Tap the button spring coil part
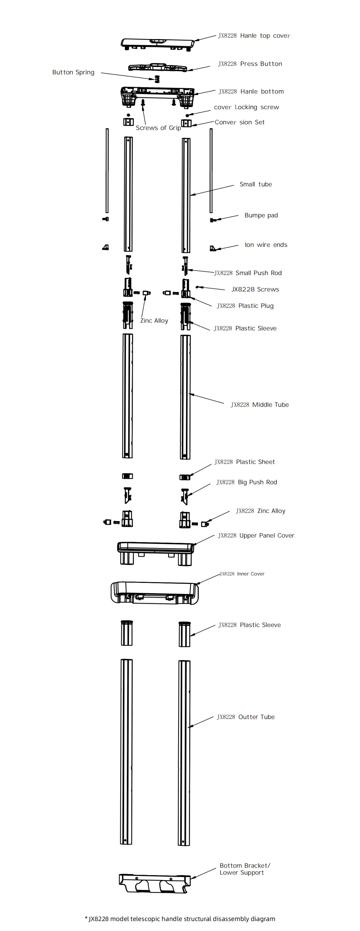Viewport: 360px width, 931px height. tap(157, 79)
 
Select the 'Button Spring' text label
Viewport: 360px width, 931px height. tap(73, 72)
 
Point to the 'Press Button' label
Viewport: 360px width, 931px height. tap(250, 64)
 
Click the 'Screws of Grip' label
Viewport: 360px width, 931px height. tap(158, 128)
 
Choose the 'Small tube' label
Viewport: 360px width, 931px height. tap(255, 184)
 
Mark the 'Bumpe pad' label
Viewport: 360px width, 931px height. tap(261, 215)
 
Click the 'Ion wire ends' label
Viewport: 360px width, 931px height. tap(266, 245)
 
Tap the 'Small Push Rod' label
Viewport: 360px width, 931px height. tap(248, 273)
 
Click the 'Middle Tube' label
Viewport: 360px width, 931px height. tap(260, 405)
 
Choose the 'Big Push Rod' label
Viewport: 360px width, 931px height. tap(247, 482)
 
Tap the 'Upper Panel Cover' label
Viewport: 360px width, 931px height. tap(256, 536)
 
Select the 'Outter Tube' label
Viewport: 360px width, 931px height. tap(246, 717)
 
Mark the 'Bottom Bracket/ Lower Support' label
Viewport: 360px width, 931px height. tap(245, 869)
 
